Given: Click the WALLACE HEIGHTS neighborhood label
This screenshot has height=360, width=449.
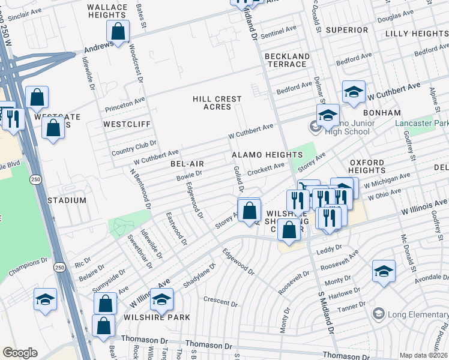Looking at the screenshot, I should coord(107,12).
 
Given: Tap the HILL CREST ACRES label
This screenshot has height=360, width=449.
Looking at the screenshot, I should coord(217,103).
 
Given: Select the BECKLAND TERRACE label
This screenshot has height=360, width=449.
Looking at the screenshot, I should coord(287,61).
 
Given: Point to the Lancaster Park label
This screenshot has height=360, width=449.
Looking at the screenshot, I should coord(421,122).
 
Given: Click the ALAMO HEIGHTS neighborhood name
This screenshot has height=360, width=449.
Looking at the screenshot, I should coord(259,155).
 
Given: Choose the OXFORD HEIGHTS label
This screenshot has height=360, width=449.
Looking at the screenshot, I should coord(367,167).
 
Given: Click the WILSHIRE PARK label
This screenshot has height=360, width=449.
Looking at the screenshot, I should coord(157,317).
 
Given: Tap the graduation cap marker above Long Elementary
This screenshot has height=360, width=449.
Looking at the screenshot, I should coord(384,271).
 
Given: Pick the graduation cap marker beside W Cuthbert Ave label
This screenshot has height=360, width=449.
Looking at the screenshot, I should coord(354,92).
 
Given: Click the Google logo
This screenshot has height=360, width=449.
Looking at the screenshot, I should coord(20,353).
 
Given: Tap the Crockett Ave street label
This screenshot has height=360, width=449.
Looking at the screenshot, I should coord(266,166).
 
